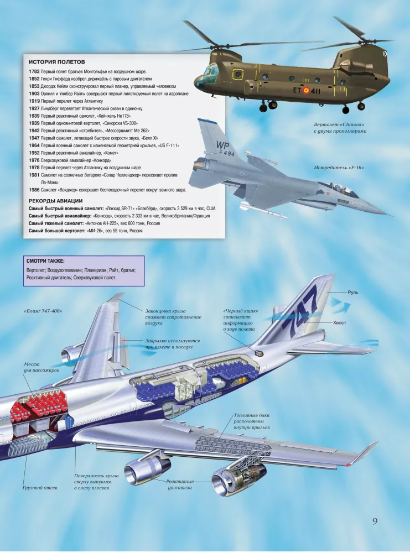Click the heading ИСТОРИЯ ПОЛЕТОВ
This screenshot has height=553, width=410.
pos(57,62)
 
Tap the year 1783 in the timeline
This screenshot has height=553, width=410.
pos(34,71)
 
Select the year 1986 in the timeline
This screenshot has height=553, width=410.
pos(34,190)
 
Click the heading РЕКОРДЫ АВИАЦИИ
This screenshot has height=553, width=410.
pos(55,201)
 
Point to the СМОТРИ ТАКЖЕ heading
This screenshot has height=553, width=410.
pos(45,262)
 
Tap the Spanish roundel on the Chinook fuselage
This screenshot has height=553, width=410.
pos(306,91)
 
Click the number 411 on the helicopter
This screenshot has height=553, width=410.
pos(315,91)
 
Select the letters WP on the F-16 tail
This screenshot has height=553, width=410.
pos(222,145)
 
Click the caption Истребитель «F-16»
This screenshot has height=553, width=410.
pos(339,168)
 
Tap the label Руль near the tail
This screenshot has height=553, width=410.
pos(353,293)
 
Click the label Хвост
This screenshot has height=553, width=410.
pos(339,323)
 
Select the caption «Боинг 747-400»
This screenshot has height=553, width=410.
pos(43,311)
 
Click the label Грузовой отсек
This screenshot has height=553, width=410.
pos(40,488)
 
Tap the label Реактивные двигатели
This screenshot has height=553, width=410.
pos(180,484)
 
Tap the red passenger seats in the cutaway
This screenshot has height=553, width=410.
pos(38,406)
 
